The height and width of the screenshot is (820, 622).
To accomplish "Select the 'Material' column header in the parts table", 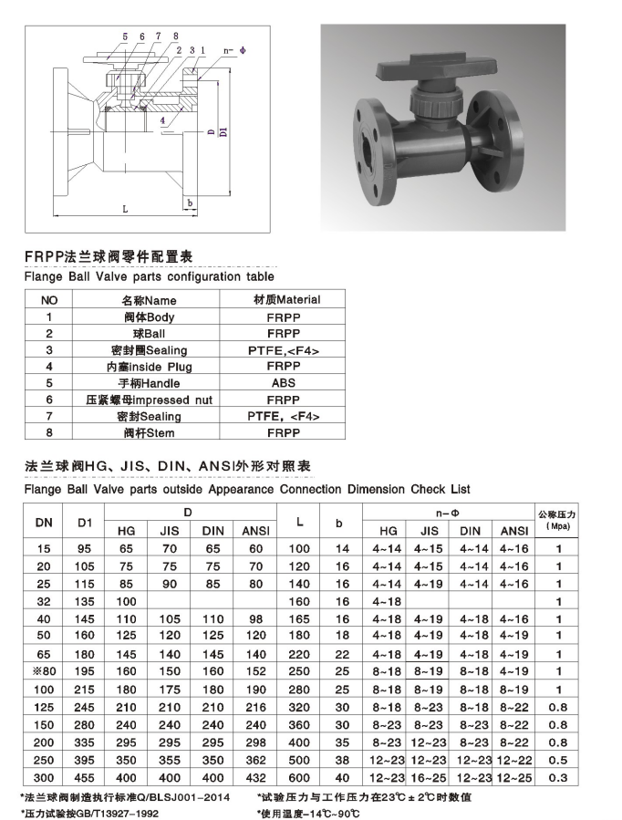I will coord(286,299).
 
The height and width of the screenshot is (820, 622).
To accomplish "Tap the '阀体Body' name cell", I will coord(149,317).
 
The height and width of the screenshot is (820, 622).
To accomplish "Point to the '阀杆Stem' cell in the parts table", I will coord(149,432).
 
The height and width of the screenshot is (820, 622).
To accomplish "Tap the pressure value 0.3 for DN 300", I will coord(560,777).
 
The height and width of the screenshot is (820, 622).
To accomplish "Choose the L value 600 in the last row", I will coord(300,777).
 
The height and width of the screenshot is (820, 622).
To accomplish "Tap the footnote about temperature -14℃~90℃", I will coord(320,812).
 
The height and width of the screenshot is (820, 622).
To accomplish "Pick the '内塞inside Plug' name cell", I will coord(149,367).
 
